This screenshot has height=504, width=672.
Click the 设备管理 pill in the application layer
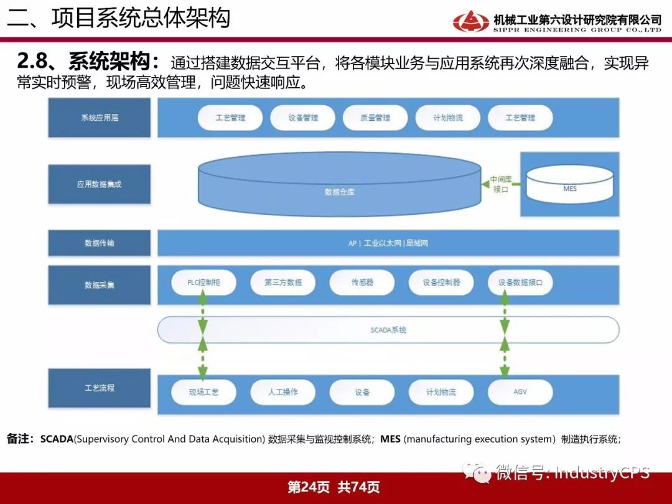point(302,118)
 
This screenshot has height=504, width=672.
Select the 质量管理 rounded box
point(375,118)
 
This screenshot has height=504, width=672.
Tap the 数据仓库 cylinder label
point(340,192)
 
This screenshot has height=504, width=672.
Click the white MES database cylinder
point(569,184)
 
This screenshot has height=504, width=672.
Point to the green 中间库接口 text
point(500,184)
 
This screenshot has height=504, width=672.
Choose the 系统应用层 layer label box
point(100,118)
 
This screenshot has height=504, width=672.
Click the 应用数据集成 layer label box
point(100,184)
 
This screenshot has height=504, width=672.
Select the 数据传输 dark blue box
point(100,243)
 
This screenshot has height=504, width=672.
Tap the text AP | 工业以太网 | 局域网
point(388,243)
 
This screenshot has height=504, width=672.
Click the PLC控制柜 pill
point(203,282)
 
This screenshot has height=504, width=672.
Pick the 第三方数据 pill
point(283,282)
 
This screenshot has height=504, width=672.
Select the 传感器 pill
point(362,282)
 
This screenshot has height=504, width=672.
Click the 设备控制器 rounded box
point(441,282)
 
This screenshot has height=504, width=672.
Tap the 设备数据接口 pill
point(520,282)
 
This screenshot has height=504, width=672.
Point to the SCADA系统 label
point(388,330)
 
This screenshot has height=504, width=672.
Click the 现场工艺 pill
point(203,392)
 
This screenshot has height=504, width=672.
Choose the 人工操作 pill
point(283,392)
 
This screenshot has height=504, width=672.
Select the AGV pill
point(520,392)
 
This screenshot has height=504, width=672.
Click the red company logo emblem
point(471,21)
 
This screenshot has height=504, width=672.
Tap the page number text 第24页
point(309,487)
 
